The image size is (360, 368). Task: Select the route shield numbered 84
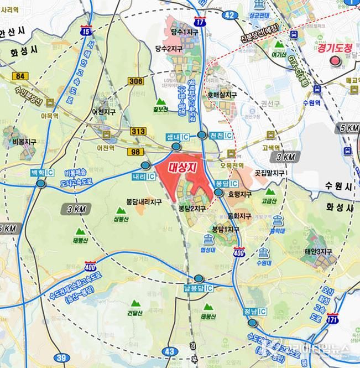click(21, 75)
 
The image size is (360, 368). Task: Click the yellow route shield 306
click(136, 81)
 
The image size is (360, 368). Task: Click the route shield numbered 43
click(170, 351)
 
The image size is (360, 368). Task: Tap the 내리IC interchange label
click(143, 176)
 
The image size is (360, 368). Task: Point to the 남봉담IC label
click(198, 288)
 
